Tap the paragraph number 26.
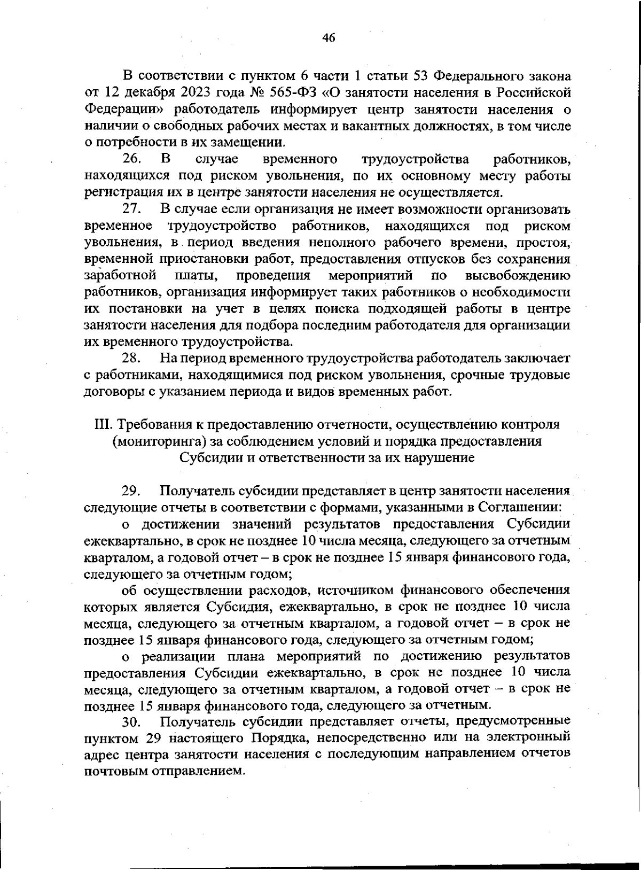[131, 159]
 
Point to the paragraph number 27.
[131, 208]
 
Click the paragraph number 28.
[131, 357]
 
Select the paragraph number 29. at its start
[131, 490]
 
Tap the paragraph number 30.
[131, 722]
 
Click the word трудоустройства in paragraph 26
[415, 159]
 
